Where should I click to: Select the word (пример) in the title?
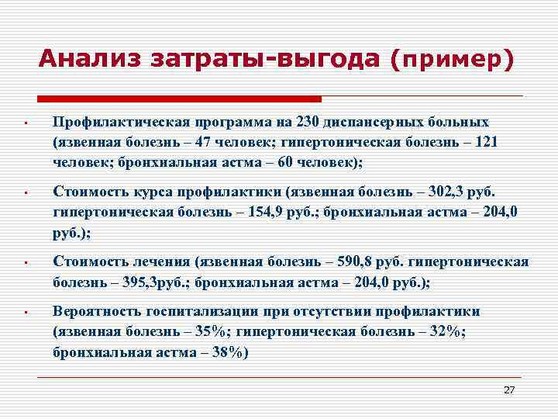453,60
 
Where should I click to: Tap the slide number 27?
509,390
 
